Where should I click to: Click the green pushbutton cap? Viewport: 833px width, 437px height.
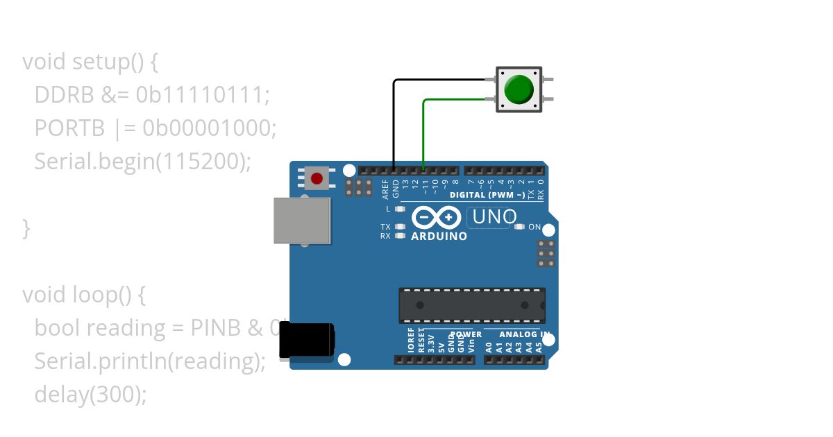click(519, 89)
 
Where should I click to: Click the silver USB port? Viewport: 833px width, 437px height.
click(302, 221)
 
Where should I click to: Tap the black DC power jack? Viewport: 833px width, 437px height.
click(306, 341)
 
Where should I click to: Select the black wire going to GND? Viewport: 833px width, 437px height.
click(394, 118)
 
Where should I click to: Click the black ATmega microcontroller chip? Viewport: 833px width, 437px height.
click(471, 305)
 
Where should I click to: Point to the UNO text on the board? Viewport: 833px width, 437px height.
click(494, 217)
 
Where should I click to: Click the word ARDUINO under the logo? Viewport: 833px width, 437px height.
click(439, 237)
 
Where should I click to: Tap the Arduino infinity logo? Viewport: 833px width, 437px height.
click(436, 218)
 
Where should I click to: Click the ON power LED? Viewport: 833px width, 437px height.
click(519, 227)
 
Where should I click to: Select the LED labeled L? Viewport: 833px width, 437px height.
click(399, 209)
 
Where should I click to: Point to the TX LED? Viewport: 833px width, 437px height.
click(399, 227)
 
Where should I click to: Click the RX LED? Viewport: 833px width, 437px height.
click(399, 236)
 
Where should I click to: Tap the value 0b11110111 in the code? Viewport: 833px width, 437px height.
click(201, 95)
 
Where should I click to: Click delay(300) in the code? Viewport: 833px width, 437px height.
click(90, 395)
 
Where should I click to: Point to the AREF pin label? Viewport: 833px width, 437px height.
click(385, 189)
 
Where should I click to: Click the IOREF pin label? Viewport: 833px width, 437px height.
click(411, 341)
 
